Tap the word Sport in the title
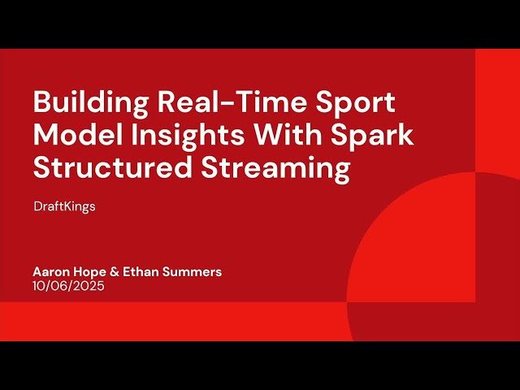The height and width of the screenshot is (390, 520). click(357, 103)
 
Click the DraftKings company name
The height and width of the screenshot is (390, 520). click(64, 206)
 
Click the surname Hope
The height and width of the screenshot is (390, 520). click(94, 272)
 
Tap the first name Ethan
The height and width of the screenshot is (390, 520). click(145, 272)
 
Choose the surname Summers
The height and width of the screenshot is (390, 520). click(193, 272)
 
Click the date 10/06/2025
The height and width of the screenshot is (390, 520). click(69, 286)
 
